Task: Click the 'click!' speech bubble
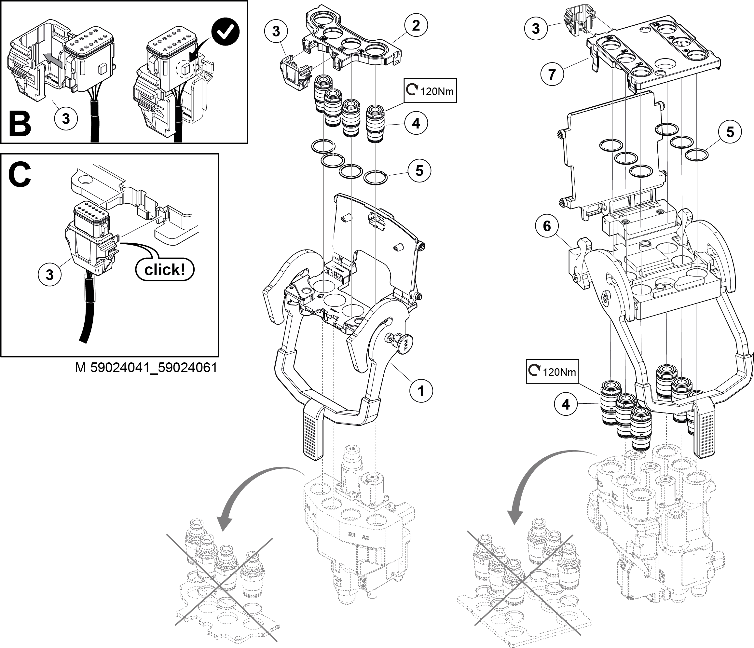[164, 270]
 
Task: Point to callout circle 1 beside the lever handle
[421, 391]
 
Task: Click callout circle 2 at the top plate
[416, 25]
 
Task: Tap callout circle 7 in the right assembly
[552, 74]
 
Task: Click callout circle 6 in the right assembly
[547, 226]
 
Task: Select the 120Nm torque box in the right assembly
[552, 372]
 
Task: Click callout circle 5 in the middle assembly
[419, 171]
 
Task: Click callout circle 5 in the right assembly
[730, 132]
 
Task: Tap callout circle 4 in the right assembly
[566, 404]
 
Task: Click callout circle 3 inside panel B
[65, 118]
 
